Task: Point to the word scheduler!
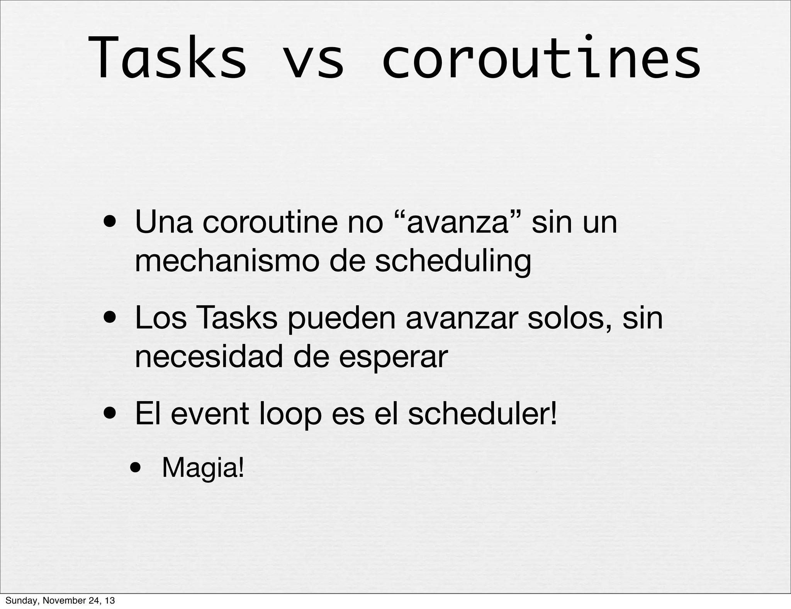[x=482, y=414]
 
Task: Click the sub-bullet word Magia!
[x=203, y=468]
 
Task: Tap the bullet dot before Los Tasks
[x=111, y=319]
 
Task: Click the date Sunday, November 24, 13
[x=60, y=600]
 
